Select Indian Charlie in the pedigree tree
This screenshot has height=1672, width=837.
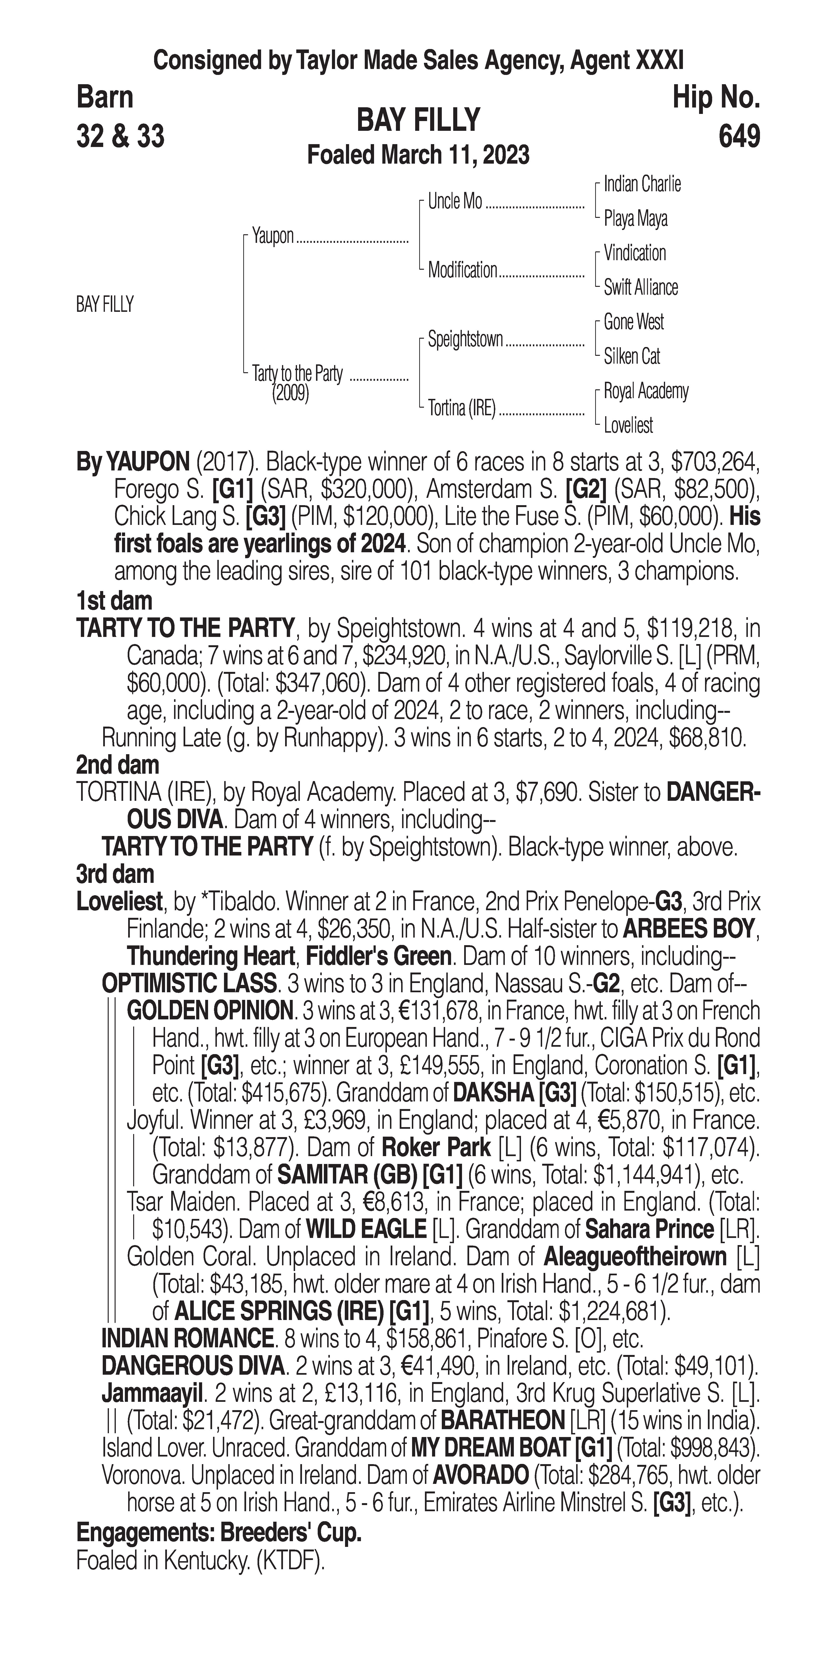point(642,184)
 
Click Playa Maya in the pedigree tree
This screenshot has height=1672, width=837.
point(635,219)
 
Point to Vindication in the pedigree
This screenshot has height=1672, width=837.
point(635,253)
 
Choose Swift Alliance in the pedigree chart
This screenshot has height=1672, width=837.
point(640,288)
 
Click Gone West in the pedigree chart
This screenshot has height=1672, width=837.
point(633,322)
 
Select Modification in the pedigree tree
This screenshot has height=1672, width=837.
point(462,270)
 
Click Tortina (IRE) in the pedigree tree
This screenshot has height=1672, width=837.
point(461,408)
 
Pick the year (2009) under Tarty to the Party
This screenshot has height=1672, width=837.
point(290,393)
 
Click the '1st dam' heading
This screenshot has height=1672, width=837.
point(114,601)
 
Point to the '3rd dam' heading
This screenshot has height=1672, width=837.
point(115,874)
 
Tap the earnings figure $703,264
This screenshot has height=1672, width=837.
point(714,462)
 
